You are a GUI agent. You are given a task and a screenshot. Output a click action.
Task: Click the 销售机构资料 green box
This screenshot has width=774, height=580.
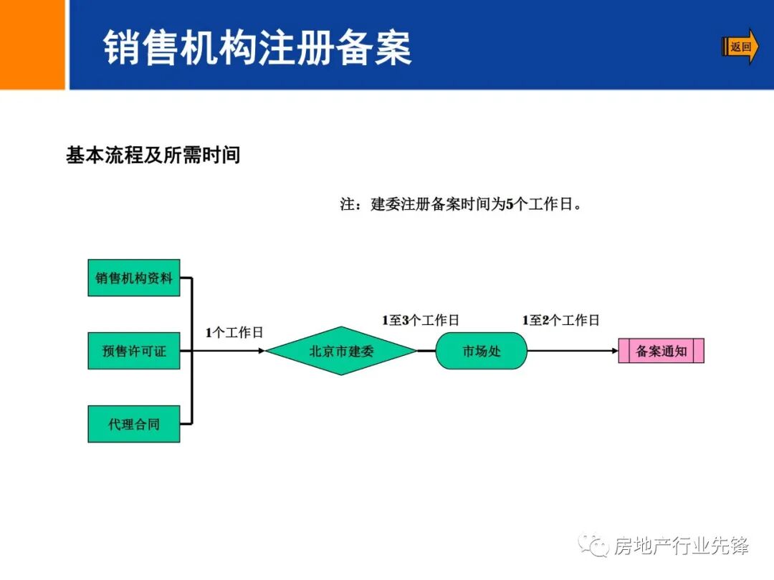134,278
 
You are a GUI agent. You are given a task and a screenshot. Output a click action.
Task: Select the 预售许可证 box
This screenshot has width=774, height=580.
134,351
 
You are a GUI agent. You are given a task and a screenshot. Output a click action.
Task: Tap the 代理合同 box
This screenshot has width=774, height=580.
134,424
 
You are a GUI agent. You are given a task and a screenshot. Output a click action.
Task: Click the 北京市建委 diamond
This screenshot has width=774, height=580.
341,351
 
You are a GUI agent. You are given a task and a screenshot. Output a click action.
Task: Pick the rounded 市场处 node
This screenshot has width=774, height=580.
482,351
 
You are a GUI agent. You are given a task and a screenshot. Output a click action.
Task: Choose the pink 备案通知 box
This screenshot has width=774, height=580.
661,351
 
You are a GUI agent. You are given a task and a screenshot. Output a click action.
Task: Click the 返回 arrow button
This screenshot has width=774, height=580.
740,47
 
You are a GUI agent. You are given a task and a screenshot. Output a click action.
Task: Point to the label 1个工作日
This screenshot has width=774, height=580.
234,332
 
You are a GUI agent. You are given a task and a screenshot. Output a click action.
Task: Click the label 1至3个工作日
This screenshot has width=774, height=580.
421,320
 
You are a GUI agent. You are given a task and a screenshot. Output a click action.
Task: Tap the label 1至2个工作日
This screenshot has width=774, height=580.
561,320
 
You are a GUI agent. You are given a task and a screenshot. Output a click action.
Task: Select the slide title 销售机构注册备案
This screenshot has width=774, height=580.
258,48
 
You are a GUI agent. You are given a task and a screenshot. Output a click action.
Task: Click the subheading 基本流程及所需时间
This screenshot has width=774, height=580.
153,155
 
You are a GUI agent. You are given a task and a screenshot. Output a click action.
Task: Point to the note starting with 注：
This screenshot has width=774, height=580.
461,204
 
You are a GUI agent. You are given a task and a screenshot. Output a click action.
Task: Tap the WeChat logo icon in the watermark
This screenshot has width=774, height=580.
593,546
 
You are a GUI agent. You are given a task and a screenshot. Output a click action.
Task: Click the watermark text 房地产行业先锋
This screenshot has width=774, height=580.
682,546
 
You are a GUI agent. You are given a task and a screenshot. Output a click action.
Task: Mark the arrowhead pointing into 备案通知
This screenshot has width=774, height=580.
613,351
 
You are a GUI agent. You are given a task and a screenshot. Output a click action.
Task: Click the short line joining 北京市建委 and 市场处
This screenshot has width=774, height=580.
426,351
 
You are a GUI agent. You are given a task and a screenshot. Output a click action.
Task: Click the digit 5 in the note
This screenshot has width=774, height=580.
510,204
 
